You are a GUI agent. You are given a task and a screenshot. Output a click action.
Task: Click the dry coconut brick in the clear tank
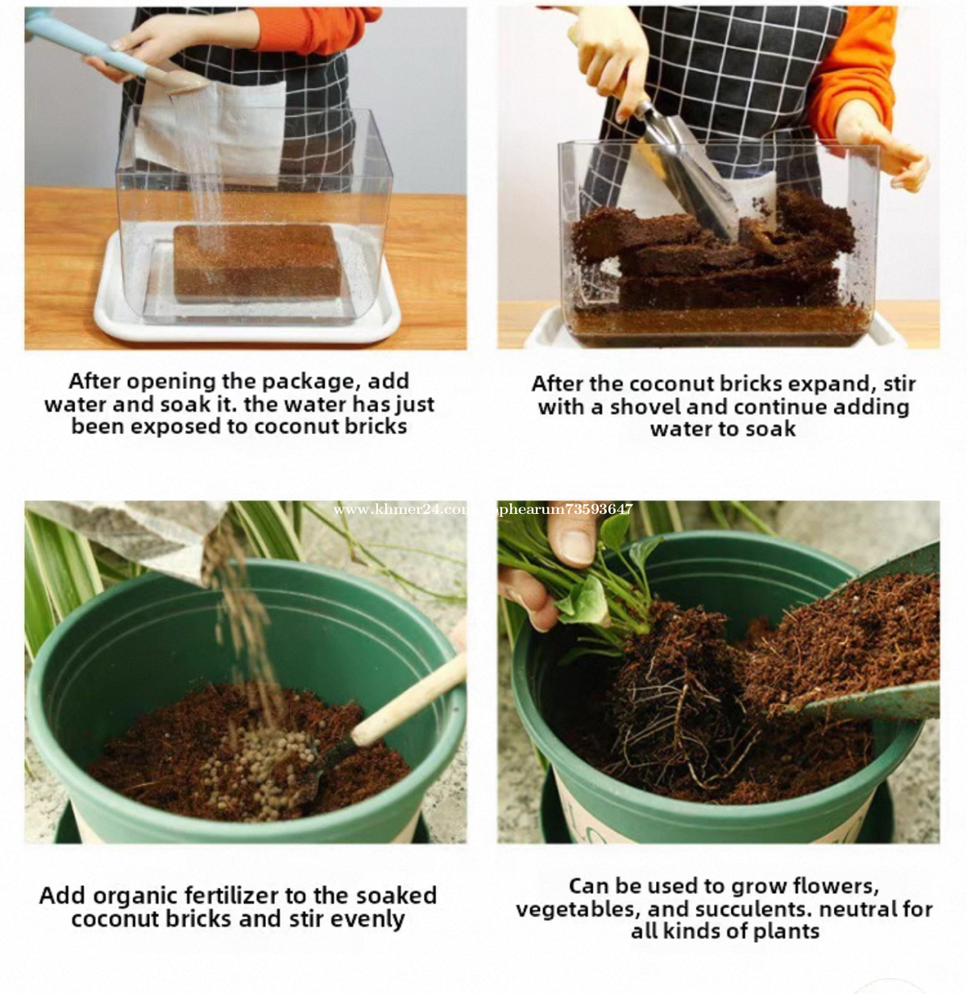click(x=257, y=261)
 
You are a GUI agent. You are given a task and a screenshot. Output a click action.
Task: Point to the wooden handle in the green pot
click(x=409, y=698)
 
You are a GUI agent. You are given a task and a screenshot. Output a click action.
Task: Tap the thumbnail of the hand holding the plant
click(x=576, y=547)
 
